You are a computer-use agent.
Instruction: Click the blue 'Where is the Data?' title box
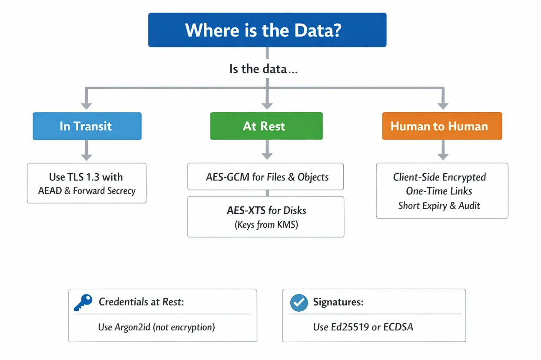267,30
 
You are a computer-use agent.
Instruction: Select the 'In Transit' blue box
87,126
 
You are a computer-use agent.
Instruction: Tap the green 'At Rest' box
266,126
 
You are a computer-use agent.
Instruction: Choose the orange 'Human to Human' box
441,126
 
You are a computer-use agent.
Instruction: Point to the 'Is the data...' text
263,69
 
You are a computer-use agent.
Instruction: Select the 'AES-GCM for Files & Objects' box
266,177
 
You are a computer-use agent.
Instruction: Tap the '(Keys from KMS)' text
266,225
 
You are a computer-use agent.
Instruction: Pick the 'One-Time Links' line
439,191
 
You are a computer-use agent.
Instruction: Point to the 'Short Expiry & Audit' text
439,206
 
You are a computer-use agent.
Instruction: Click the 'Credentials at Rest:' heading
141,302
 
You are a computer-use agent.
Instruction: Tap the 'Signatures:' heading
338,302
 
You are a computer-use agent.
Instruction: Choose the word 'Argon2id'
133,327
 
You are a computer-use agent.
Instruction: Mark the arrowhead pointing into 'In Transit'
86,105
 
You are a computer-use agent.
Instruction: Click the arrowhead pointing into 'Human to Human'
442,105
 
